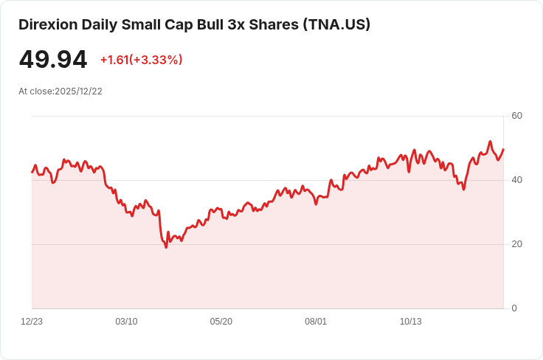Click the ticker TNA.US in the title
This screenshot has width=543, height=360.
point(336,24)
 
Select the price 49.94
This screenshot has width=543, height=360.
point(53,60)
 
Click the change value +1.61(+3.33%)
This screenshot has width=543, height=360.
point(141,60)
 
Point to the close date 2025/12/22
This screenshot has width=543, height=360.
point(78,91)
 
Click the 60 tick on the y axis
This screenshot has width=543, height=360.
point(516,116)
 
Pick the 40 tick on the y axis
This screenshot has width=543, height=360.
point(516,180)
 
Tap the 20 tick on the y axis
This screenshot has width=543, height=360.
point(516,244)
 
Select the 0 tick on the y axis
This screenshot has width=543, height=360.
point(514,308)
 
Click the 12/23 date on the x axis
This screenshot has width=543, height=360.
point(32,322)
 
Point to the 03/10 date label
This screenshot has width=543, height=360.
point(126,322)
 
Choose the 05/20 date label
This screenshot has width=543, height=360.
point(221,322)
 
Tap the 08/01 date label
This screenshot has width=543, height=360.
point(316,322)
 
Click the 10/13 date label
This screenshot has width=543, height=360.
point(410,322)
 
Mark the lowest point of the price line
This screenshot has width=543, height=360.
point(166,247)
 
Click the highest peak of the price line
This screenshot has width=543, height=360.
point(490,141)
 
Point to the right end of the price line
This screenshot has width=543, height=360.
point(503,149)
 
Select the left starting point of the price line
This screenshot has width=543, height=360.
point(32,172)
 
